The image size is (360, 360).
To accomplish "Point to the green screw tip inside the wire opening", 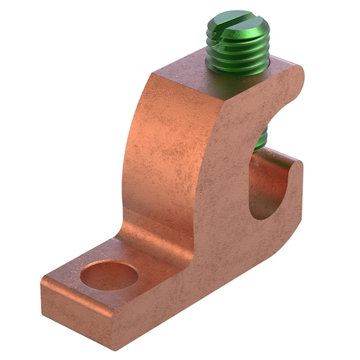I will pyautogui.click(x=260, y=141).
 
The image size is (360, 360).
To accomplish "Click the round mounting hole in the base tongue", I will pyautogui.click(x=110, y=275).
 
